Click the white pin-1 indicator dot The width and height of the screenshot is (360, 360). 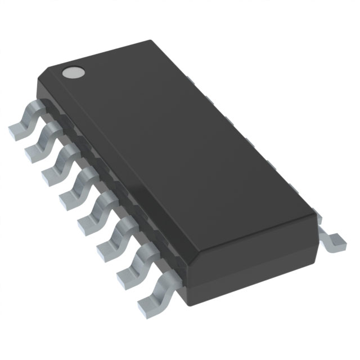73,72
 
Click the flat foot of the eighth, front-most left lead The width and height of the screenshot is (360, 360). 147,304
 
